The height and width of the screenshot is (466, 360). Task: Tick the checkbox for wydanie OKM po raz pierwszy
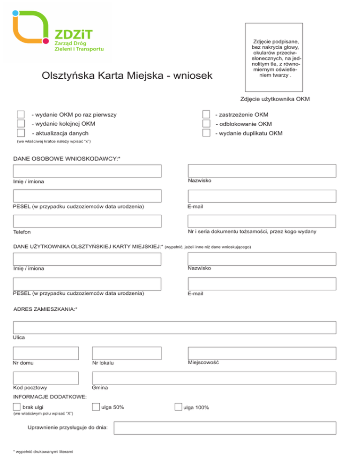coord(21,115)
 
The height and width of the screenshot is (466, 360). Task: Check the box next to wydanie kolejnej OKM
coord(21,124)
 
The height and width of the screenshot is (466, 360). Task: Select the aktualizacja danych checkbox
coord(21,133)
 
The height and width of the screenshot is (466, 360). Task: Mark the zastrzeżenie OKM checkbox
coord(206,115)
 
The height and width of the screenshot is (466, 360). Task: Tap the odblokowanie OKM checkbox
coord(206,124)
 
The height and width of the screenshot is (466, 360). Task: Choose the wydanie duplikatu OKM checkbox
coord(206,133)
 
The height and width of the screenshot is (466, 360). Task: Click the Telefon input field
coord(87,221)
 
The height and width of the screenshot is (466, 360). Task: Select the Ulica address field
coord(174,327)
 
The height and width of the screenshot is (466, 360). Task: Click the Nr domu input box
coord(46,353)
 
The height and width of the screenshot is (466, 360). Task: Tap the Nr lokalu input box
coord(127,353)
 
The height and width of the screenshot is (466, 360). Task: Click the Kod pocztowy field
coord(46,378)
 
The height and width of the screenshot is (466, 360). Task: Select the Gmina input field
coord(214,378)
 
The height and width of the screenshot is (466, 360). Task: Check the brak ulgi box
coord(17,407)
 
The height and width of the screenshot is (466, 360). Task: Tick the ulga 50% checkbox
coord(96,407)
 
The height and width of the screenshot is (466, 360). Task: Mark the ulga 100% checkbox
coord(178,407)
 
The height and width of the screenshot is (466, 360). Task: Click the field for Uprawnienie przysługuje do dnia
coord(225,428)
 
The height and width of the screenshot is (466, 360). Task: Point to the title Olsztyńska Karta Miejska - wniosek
coord(127,75)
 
